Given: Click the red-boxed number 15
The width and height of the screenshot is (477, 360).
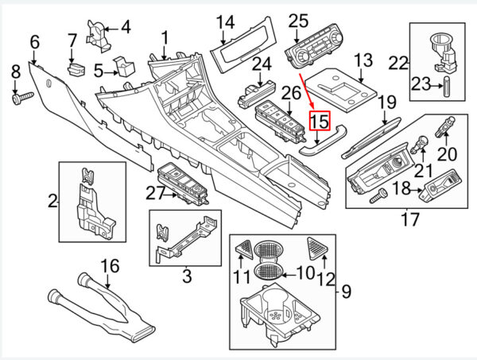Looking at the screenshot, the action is tap(320, 121).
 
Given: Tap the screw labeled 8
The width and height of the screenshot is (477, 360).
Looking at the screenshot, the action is tap(22, 99).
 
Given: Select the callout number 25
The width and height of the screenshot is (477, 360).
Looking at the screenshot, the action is tap(298, 21).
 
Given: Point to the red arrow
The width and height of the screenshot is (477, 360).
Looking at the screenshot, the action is tap(307, 91).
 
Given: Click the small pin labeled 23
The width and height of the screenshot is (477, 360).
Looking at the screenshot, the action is tap(447, 87).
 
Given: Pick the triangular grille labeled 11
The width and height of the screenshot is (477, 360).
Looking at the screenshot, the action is tap(244, 250).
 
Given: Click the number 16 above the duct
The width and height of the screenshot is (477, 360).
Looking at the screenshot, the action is tap(111, 265).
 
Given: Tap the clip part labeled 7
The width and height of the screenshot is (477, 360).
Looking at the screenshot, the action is tap(76, 70).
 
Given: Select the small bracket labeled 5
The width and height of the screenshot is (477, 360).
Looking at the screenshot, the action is tap(124, 66).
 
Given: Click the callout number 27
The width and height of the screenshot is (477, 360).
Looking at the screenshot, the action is tap(156, 193).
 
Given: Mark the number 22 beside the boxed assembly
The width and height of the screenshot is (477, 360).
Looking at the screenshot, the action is tap(398, 64).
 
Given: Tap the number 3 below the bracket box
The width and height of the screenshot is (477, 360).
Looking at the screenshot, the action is tap(187, 277).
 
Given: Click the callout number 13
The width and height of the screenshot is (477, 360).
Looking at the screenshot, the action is tap(363, 60).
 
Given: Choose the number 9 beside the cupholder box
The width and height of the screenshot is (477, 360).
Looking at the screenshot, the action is tap(347, 292).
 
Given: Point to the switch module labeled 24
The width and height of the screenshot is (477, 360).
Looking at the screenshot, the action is tap(256, 94).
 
